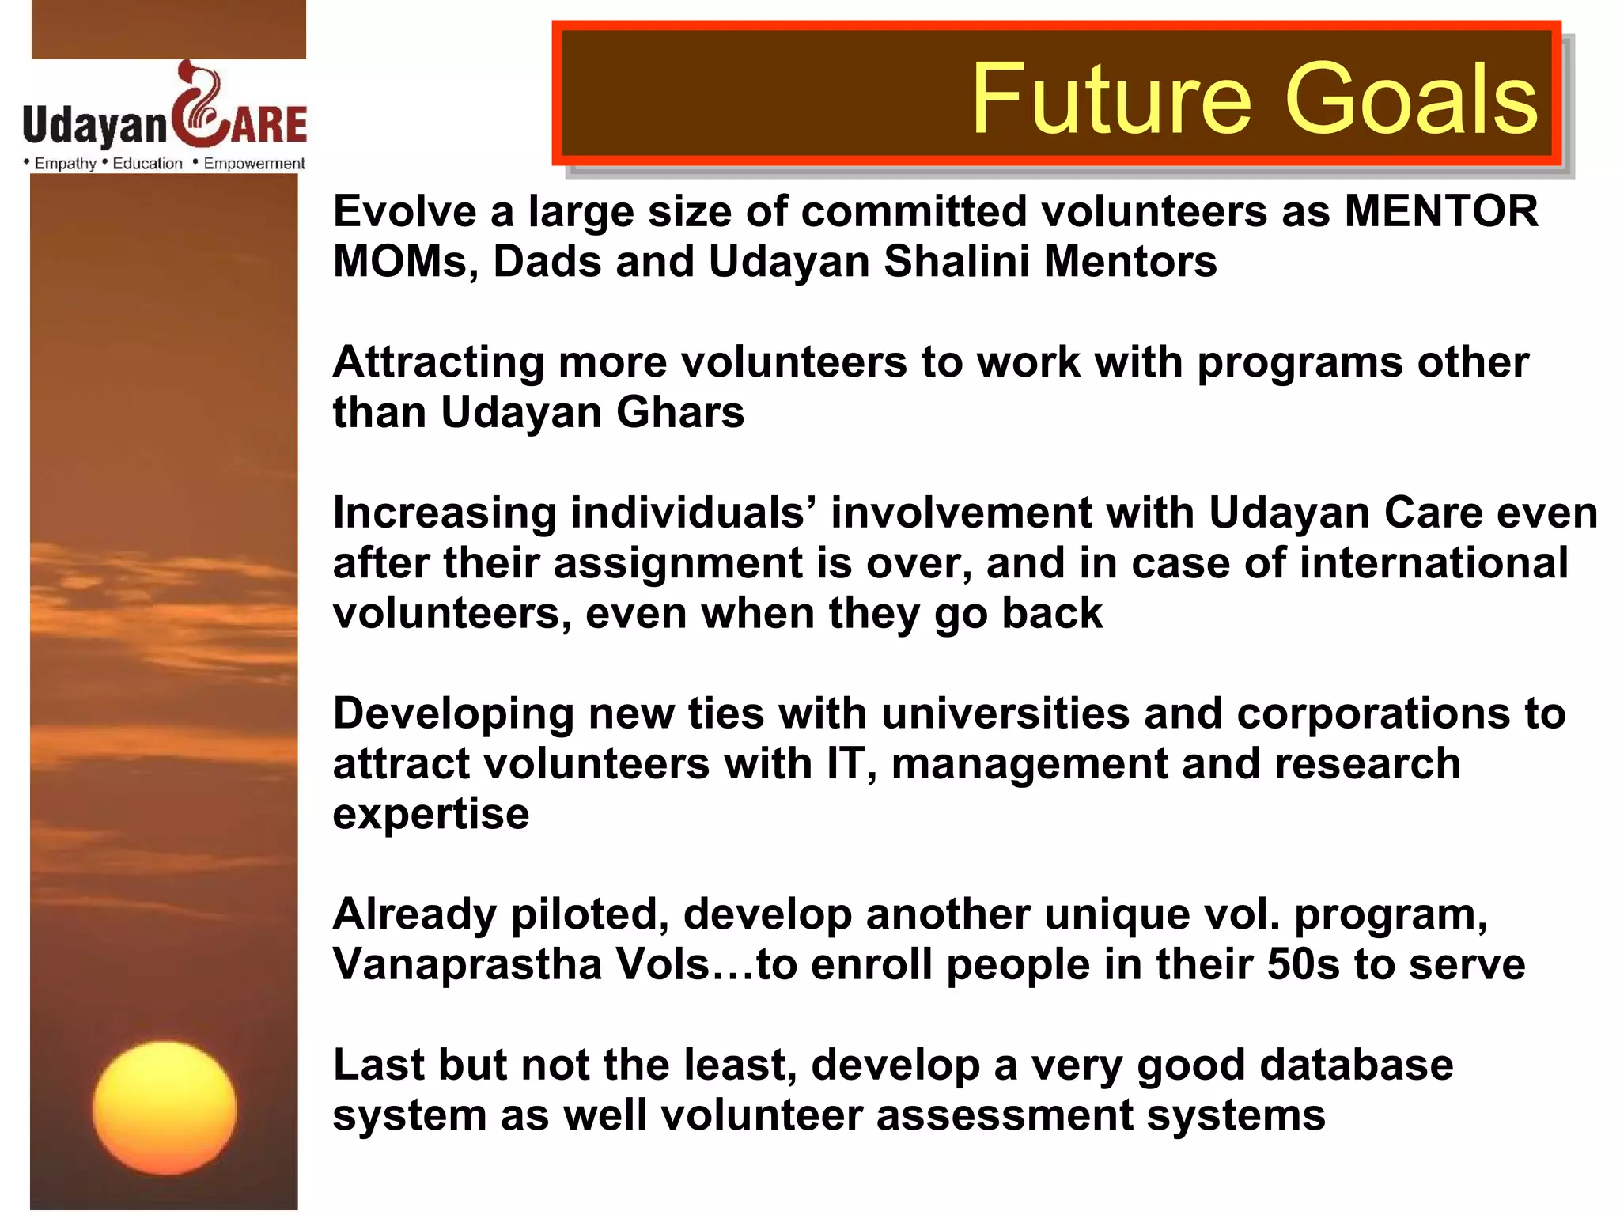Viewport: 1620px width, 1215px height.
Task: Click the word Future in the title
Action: [1111, 99]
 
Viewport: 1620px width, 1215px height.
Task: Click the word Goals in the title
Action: [1412, 99]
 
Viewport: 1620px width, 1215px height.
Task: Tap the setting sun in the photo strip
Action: [165, 1107]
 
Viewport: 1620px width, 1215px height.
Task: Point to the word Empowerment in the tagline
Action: [254, 164]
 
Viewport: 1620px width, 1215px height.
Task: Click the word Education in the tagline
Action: [147, 164]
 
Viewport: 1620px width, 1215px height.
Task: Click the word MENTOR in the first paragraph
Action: [1441, 212]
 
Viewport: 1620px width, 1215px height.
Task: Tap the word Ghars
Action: [680, 413]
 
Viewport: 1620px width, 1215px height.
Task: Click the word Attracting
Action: [438, 363]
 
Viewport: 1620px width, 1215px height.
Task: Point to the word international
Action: [1433, 563]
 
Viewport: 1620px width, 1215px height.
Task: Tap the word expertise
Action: [431, 815]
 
